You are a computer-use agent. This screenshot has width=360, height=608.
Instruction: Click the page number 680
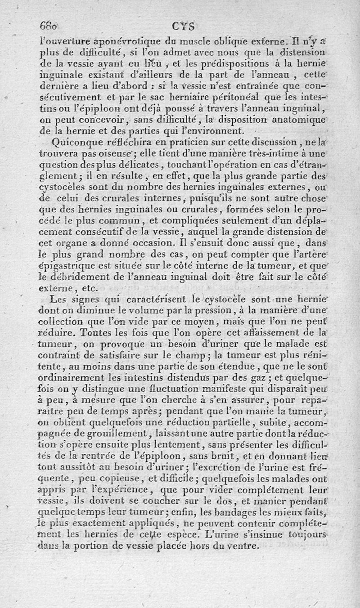coord(50,25)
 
